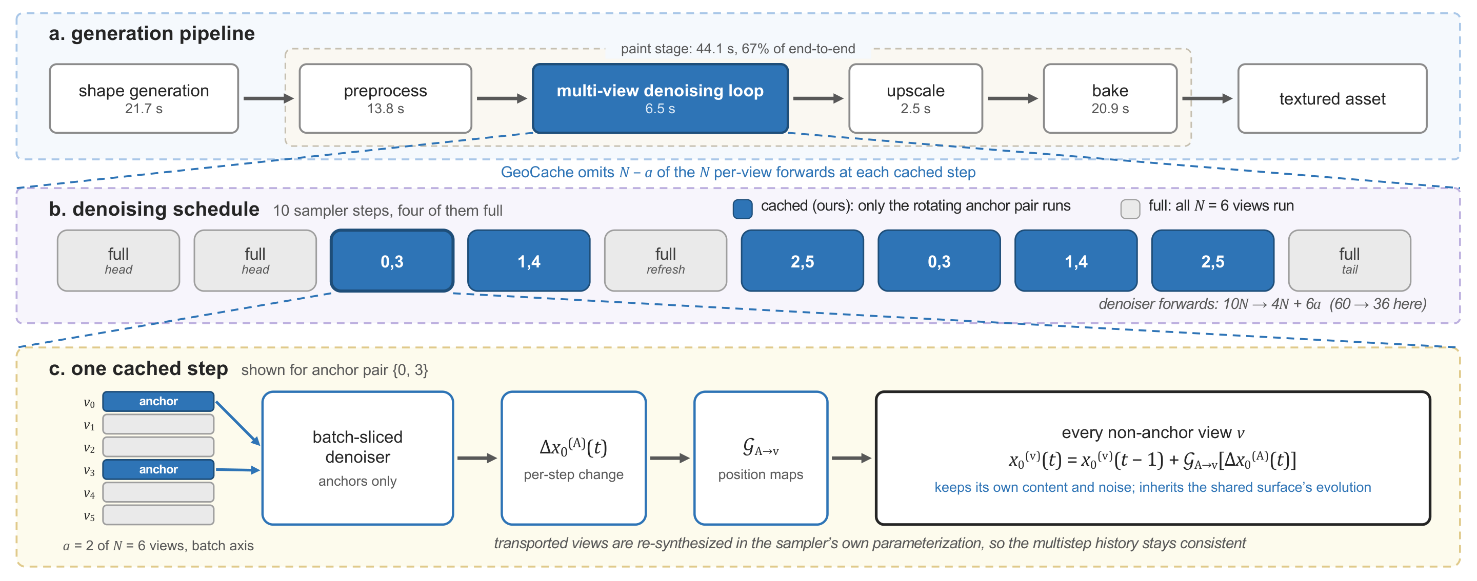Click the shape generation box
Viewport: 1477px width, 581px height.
(x=144, y=98)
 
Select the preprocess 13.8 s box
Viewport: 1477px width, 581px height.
(x=385, y=98)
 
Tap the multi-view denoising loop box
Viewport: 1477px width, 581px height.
(x=660, y=98)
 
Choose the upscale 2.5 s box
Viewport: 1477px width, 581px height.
(x=915, y=98)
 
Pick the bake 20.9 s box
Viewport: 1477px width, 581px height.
(x=1110, y=98)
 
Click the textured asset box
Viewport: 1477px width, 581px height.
(x=1332, y=98)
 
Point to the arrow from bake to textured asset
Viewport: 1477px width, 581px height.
(x=1207, y=98)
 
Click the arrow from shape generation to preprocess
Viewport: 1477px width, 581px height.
(x=268, y=98)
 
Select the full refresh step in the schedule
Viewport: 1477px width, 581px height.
(x=665, y=261)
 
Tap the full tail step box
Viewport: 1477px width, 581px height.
(x=1349, y=261)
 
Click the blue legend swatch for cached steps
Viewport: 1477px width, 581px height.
(x=743, y=209)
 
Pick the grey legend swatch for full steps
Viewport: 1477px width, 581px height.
(x=1130, y=209)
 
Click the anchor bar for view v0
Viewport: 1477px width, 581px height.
(x=158, y=402)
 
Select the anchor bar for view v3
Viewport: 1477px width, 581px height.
(x=158, y=469)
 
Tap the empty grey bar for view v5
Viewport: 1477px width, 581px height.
(x=158, y=514)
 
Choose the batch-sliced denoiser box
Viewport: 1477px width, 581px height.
(x=357, y=458)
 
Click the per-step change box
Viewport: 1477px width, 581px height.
(x=573, y=458)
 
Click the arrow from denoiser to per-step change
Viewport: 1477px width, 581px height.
(x=477, y=459)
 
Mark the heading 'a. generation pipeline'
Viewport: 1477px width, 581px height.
(x=151, y=33)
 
